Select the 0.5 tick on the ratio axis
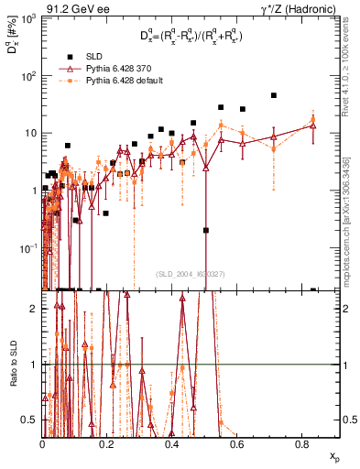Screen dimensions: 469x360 click(x=33, y=420)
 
